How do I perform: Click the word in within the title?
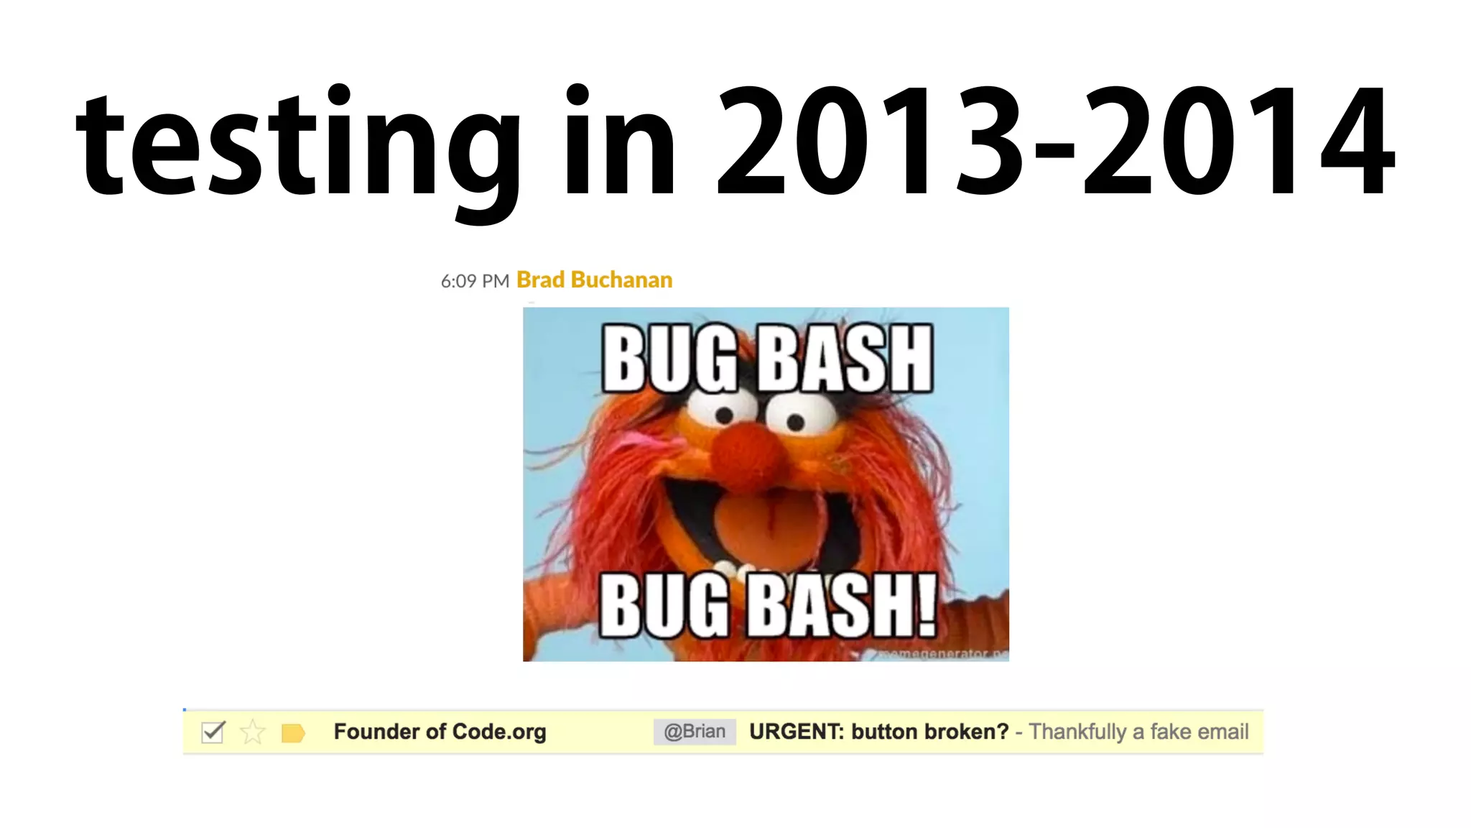tap(619, 140)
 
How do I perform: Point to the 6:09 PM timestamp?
tap(475, 281)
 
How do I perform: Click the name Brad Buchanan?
tap(594, 280)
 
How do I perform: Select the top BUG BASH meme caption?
tap(766, 359)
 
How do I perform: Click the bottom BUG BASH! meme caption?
tap(767, 605)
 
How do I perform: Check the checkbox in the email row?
tap(213, 732)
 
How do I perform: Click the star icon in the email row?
tap(252, 732)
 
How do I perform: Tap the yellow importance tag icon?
tap(293, 732)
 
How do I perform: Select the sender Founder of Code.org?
tap(440, 732)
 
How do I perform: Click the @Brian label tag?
tap(694, 732)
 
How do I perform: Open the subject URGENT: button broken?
tap(878, 732)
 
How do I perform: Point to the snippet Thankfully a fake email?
tap(1138, 732)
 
